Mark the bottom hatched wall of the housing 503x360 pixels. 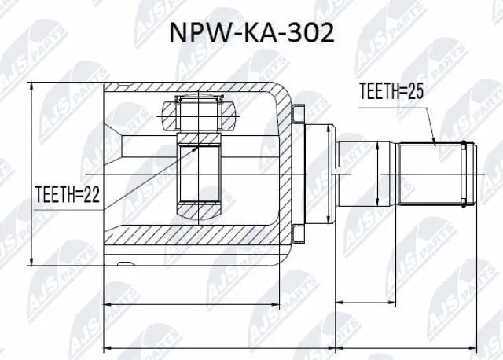click(x=196, y=236)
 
